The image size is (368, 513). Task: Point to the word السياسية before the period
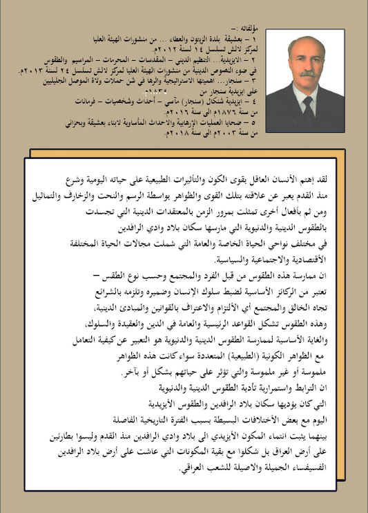(x=220, y=259)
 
